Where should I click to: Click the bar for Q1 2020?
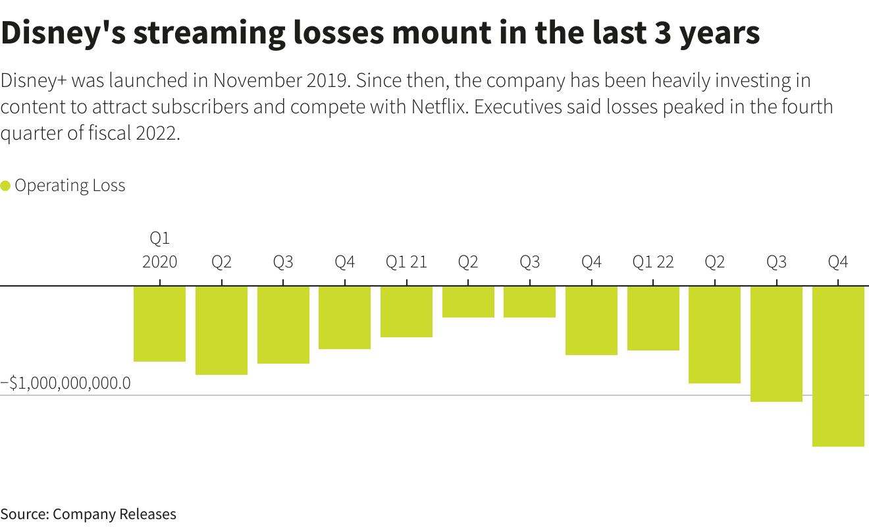(x=159, y=323)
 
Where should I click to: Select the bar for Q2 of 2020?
(x=221, y=330)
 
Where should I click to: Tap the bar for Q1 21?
(x=406, y=312)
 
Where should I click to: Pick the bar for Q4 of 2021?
(x=591, y=320)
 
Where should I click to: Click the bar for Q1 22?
(x=653, y=318)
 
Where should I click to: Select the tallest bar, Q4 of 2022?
(x=838, y=366)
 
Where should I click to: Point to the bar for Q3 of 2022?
(x=776, y=344)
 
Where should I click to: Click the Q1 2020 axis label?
(x=160, y=250)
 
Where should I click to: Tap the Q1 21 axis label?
(x=406, y=262)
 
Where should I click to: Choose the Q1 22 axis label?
(x=653, y=262)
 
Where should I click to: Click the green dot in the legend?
(x=6, y=186)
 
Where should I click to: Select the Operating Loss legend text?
(x=70, y=186)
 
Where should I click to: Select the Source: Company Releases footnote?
(x=88, y=514)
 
